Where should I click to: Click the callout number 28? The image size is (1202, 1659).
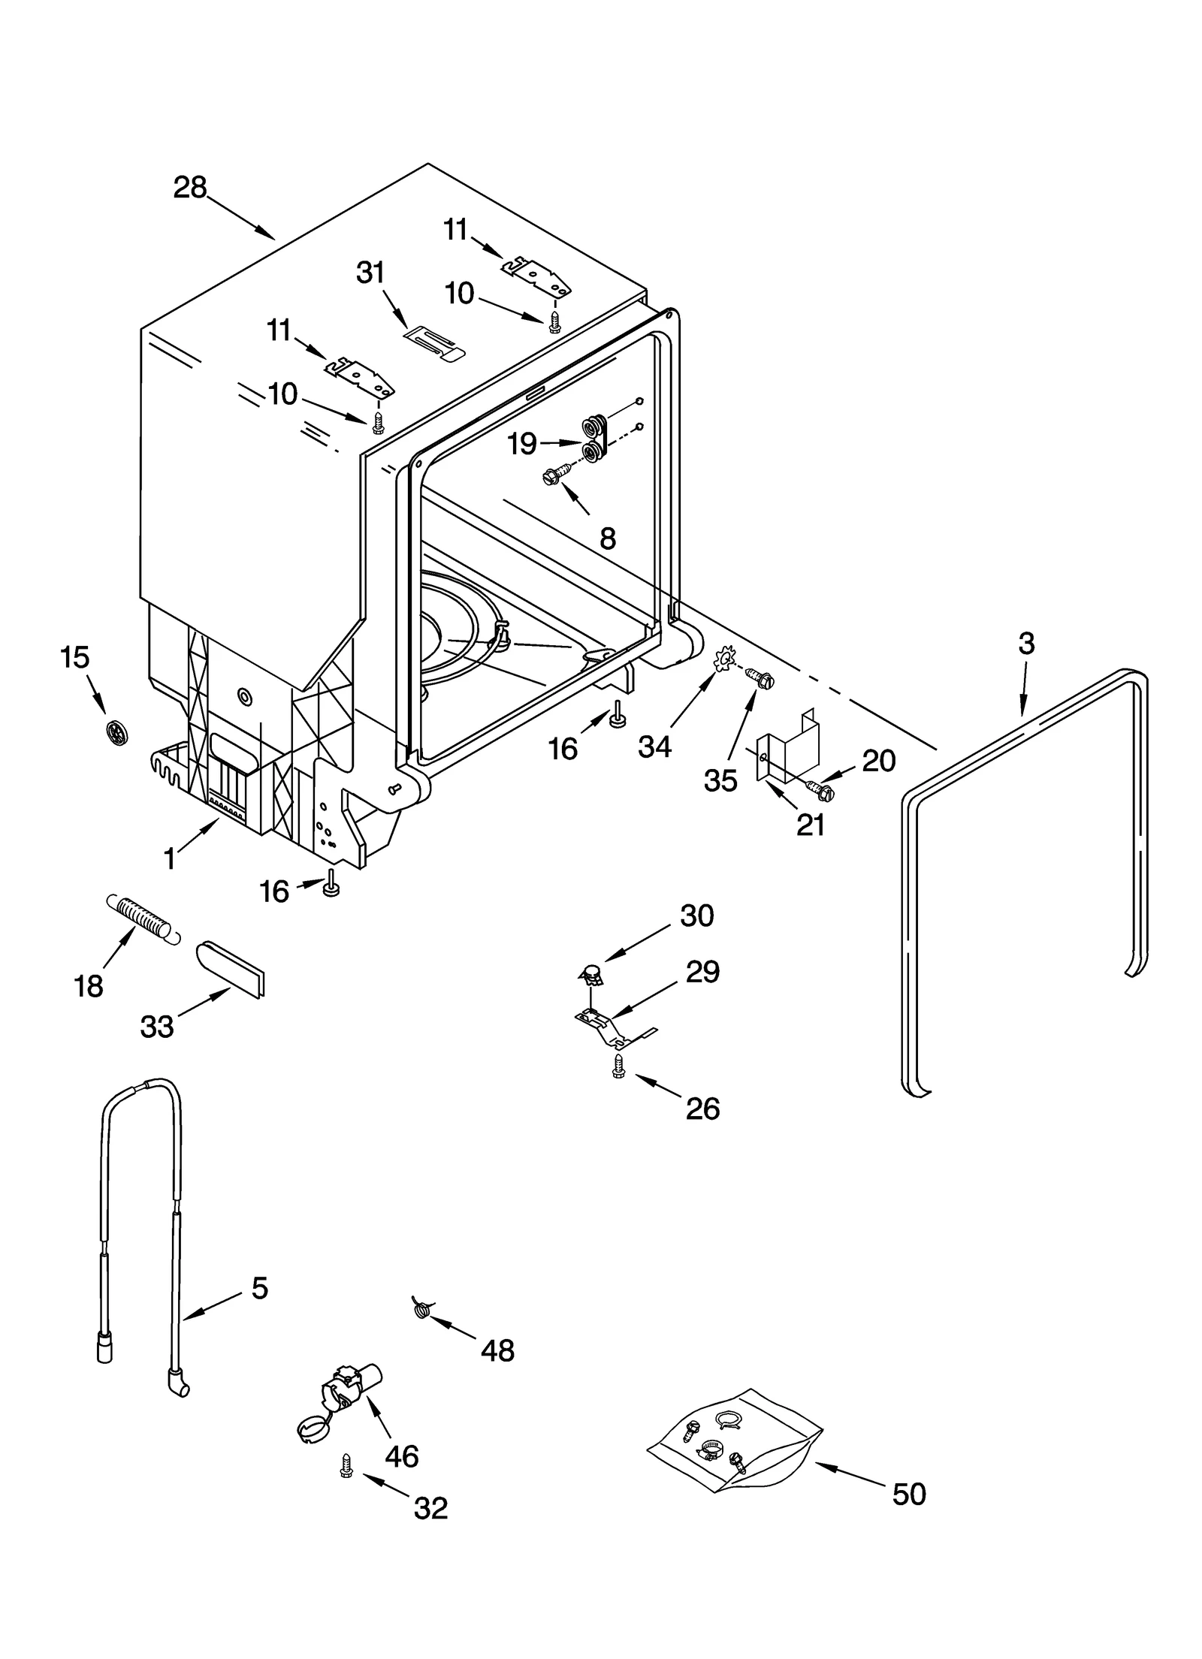[189, 188]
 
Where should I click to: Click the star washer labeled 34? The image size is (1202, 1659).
[724, 659]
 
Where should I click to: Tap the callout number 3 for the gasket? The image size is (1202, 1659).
[1026, 644]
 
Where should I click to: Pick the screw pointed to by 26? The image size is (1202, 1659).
[618, 1066]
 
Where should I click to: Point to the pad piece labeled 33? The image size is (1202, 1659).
[231, 968]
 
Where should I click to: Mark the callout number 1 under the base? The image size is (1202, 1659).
[170, 858]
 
